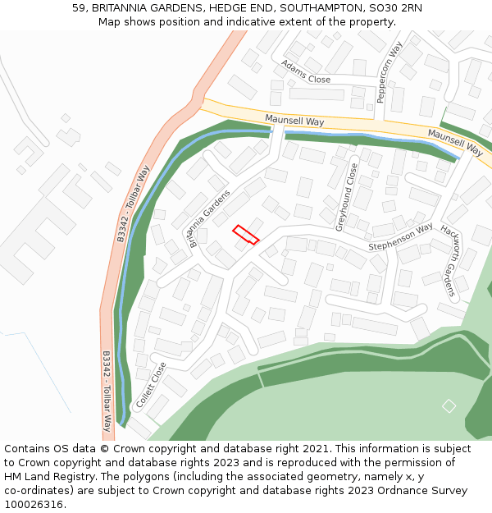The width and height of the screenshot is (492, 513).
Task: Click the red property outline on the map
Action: tap(246, 235)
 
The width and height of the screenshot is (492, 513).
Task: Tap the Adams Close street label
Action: tap(306, 72)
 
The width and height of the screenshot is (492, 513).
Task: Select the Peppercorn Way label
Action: tap(389, 73)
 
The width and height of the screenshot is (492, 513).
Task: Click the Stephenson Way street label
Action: tap(399, 238)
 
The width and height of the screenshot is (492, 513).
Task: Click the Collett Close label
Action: tap(151, 386)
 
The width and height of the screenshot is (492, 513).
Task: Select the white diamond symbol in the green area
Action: tap(449, 405)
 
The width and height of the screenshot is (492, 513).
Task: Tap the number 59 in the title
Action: tap(80, 7)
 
